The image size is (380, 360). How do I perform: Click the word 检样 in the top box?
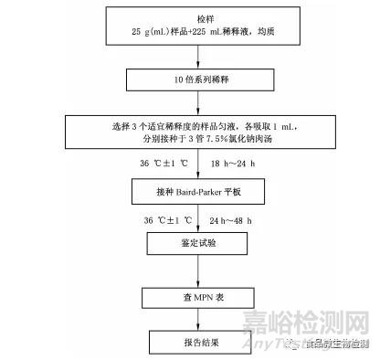point(191,18)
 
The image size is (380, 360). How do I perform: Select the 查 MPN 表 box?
point(191,299)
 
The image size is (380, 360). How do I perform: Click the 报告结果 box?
point(191,344)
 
